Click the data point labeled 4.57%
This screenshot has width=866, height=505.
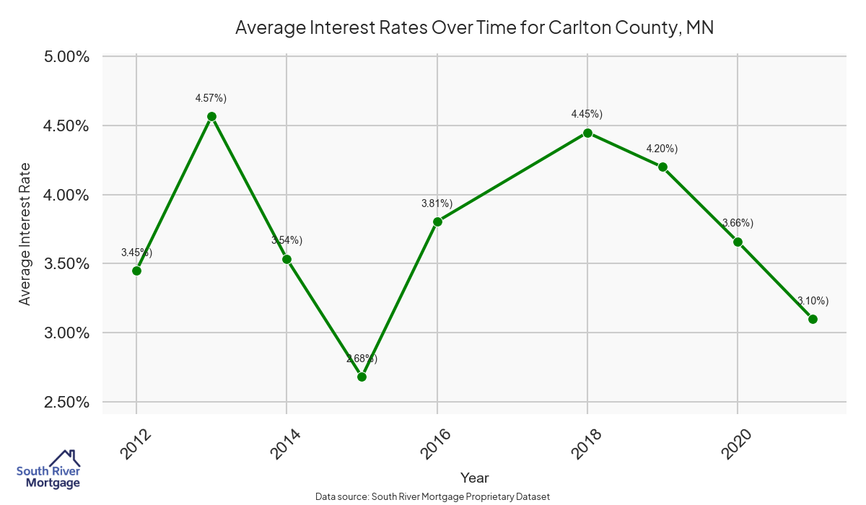(x=211, y=116)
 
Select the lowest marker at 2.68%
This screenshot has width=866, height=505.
(x=362, y=377)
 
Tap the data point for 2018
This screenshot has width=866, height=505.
(x=587, y=133)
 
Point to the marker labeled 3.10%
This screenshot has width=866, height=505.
(x=813, y=319)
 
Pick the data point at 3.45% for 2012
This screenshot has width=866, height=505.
(x=136, y=271)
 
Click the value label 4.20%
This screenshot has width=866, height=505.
(x=662, y=149)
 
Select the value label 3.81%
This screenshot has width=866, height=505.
(x=437, y=203)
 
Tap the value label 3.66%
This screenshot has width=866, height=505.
(x=738, y=223)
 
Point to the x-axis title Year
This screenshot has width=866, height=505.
(x=474, y=478)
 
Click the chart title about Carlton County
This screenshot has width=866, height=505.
(x=474, y=27)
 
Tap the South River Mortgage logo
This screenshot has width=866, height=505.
(x=49, y=469)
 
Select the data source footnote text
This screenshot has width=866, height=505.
(x=432, y=497)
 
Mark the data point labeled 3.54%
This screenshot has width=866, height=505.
(x=287, y=259)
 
